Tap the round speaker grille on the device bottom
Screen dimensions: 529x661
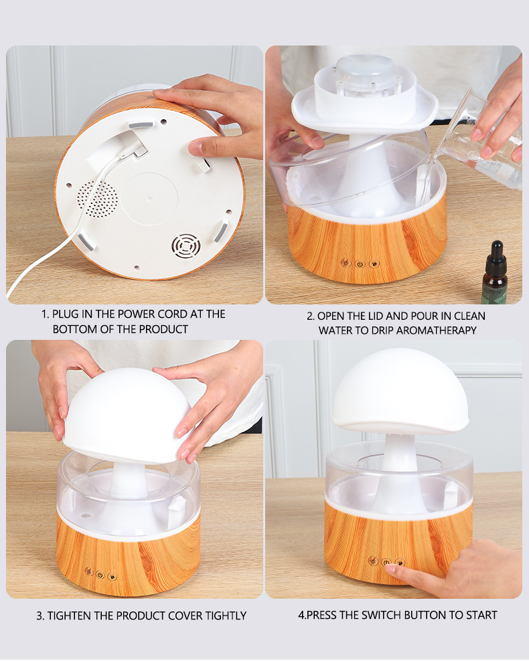(x=96, y=199)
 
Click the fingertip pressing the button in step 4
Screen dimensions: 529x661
(x=390, y=569)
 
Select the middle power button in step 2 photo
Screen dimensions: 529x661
(x=360, y=264)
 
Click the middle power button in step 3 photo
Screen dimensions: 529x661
(x=100, y=574)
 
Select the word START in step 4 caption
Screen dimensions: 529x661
(x=481, y=615)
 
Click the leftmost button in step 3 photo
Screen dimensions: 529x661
(x=88, y=571)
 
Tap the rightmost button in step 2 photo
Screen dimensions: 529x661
(x=374, y=264)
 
